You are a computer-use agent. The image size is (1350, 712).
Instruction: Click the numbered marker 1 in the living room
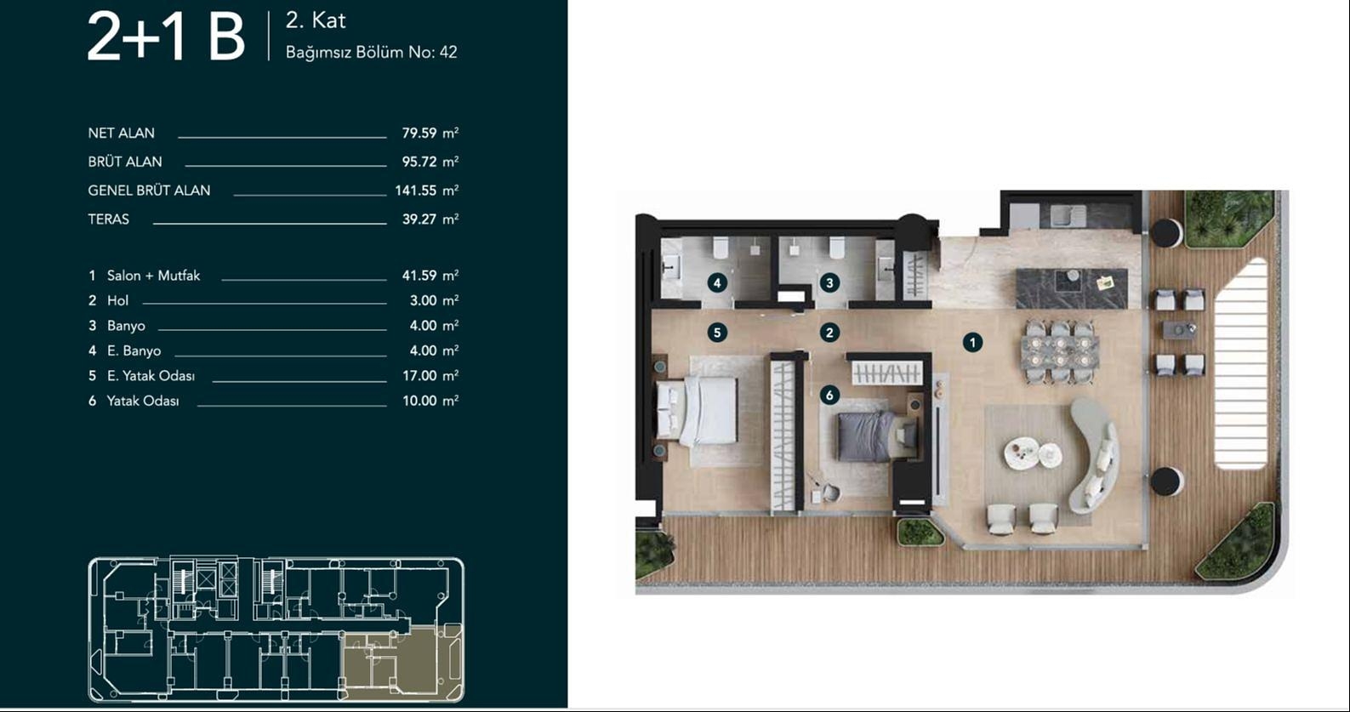coord(972,342)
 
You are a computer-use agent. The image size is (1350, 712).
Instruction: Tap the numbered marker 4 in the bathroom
coord(717,282)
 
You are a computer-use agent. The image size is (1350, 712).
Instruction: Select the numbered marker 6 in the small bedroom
coord(829,395)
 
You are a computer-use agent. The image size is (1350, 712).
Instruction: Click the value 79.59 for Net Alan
coord(419,134)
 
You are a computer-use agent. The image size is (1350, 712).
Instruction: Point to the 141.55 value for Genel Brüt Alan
coord(415,191)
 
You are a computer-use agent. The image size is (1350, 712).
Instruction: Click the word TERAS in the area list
coord(109,219)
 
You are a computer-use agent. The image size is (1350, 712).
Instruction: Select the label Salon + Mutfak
coord(153,276)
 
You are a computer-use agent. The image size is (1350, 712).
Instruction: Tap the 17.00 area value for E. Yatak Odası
coord(419,376)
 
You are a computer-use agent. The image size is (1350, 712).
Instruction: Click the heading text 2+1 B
coord(166,38)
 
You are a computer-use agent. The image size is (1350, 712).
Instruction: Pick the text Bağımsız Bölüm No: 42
coord(371,53)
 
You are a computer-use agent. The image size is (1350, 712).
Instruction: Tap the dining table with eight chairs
coord(1059,350)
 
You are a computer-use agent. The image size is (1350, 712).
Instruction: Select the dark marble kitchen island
coord(1071,288)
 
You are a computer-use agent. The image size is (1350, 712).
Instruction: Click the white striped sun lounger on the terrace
coord(1241,364)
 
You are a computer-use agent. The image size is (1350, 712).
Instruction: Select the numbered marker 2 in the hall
coord(829,333)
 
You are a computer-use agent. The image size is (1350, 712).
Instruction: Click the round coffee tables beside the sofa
coord(1032,453)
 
